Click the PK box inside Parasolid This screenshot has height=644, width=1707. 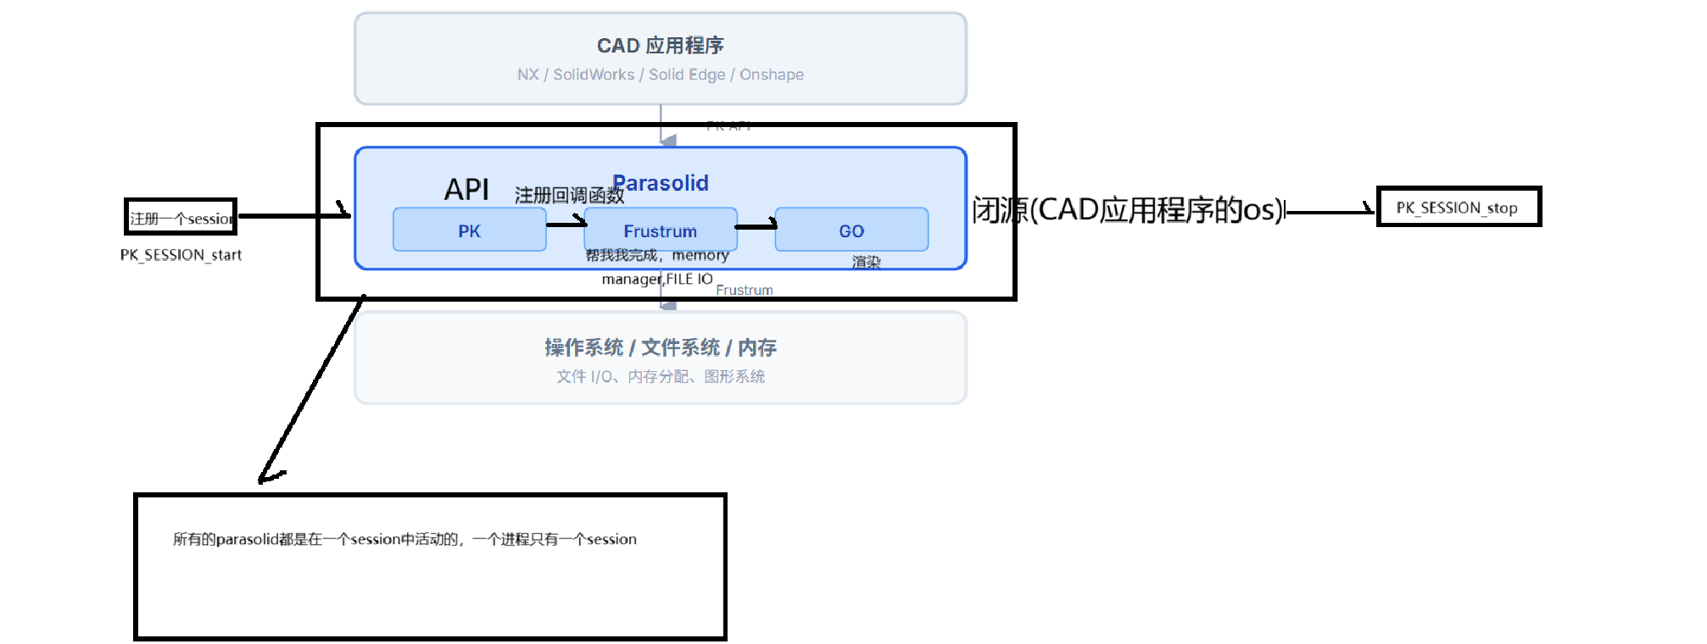pos(469,230)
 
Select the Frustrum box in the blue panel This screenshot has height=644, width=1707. pos(660,230)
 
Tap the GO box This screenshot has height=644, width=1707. pos(851,230)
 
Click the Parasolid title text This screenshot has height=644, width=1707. pos(661,183)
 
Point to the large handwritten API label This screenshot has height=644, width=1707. pos(466,189)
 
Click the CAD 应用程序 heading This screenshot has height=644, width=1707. pos(660,45)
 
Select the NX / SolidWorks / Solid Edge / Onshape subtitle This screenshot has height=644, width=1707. pos(660,75)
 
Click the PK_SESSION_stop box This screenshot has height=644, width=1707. pos(1458,208)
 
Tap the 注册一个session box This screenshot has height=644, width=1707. pos(181,218)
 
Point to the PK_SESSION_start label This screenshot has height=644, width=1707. pos(181,255)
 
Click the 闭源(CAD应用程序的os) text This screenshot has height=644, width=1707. pos(1128,209)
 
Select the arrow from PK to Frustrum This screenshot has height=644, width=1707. pos(566,224)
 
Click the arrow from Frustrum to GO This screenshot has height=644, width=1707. pos(756,226)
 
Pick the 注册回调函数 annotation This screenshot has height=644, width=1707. pos(569,196)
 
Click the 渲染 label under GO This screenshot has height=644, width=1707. pos(866,262)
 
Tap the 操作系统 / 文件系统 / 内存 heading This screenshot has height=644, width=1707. pos(660,347)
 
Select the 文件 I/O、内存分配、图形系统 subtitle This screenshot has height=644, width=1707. pos(660,376)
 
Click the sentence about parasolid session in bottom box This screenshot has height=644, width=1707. pos(404,539)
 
